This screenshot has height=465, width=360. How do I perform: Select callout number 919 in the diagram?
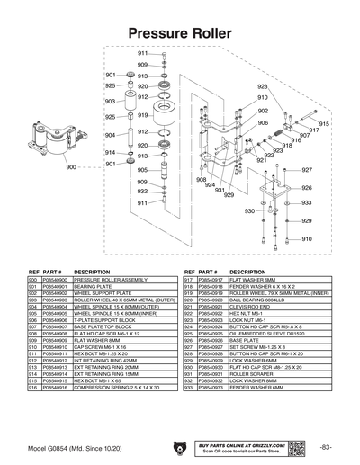coord(142,116)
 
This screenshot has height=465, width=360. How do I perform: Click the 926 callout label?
coord(307,188)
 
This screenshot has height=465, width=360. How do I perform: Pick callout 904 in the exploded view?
coord(110,135)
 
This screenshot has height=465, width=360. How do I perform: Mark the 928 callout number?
coord(262,85)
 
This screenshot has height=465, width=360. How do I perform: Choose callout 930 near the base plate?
coord(249,211)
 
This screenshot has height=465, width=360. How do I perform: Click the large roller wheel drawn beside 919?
coord(166,116)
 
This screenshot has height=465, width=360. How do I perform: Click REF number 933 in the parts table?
coord(188,387)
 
